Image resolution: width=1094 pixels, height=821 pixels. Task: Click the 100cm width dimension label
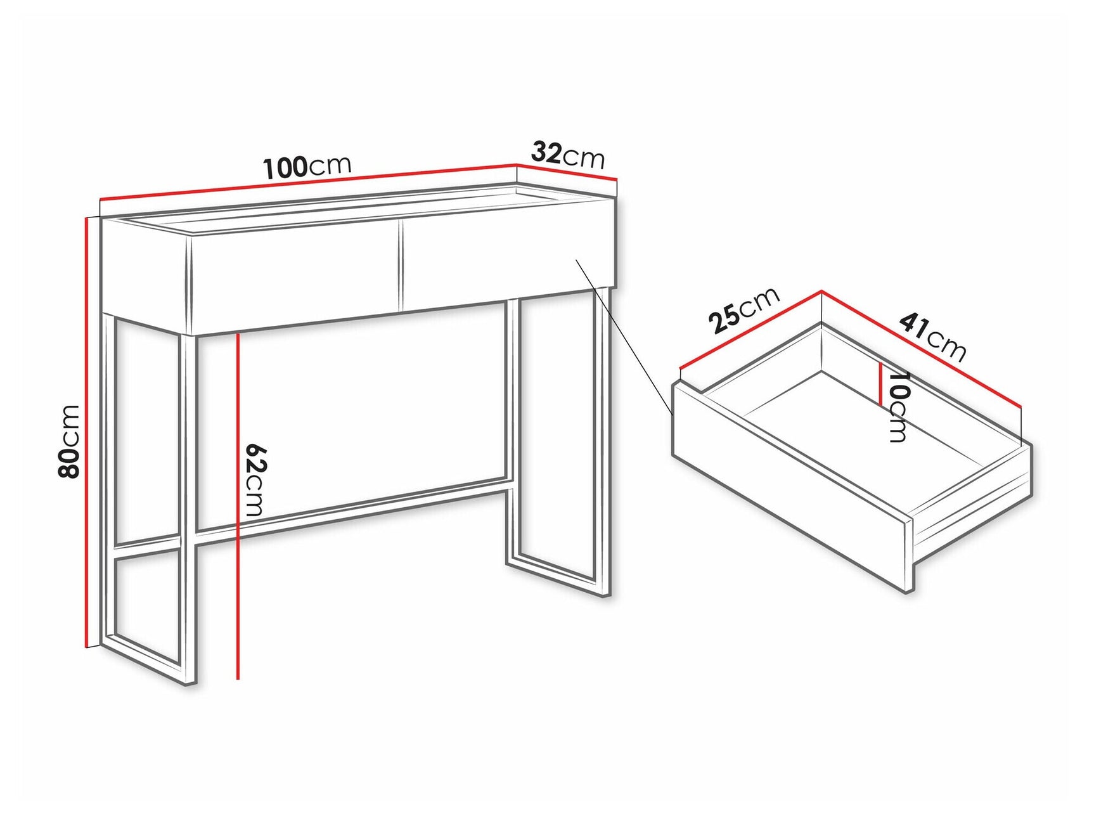click(x=307, y=167)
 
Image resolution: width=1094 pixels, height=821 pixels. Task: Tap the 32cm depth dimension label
click(x=567, y=155)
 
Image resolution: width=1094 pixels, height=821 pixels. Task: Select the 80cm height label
click(x=68, y=441)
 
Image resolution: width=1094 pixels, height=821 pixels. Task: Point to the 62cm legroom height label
click(x=255, y=480)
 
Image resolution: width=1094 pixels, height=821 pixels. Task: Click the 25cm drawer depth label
click(x=744, y=310)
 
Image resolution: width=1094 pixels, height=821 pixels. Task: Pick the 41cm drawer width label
click(x=932, y=337)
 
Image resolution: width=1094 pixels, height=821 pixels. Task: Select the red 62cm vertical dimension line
click(x=238, y=507)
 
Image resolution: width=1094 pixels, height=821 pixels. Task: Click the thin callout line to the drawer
click(x=624, y=336)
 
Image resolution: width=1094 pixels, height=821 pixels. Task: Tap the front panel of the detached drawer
click(x=792, y=488)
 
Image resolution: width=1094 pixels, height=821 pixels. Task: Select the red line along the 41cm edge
click(x=922, y=349)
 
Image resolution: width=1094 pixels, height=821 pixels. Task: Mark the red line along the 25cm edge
click(x=751, y=329)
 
